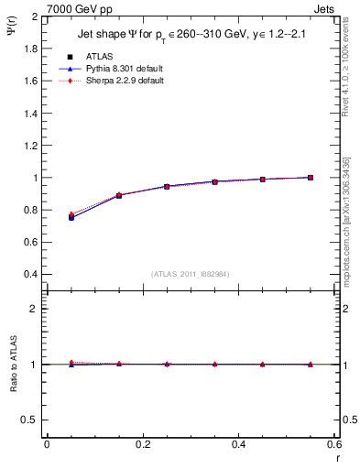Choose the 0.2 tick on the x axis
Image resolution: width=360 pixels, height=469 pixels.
tap(142, 444)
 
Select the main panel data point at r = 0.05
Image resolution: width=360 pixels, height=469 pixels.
tap(71, 217)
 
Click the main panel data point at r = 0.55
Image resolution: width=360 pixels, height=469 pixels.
tap(310, 178)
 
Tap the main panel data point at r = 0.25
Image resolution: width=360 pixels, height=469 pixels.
tap(166, 186)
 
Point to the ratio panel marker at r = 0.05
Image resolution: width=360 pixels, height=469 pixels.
tap(71, 364)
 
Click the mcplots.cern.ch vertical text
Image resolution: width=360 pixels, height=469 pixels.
tap(347, 229)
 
